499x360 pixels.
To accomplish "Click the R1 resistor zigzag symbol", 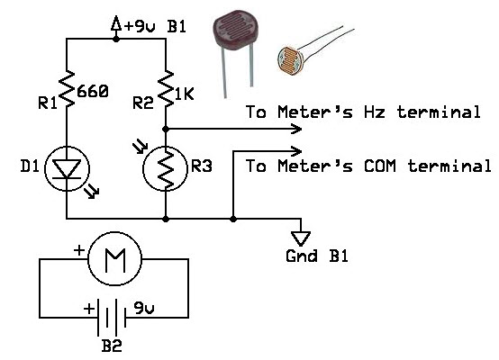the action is point(67,89).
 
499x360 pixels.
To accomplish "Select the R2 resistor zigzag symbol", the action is point(166,89).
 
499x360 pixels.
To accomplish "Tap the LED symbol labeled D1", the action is point(68,168).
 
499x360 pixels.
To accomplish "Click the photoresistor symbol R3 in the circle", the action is point(166,168).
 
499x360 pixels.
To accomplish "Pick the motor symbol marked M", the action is point(114,258).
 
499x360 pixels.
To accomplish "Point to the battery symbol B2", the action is point(112,317).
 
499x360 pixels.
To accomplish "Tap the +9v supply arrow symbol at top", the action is point(116,24).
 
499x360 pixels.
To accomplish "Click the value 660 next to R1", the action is point(93,92).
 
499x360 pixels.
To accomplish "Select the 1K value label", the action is point(185,94).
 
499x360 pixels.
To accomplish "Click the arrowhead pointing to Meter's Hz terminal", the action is point(296,129).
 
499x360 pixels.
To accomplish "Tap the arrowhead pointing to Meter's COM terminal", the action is point(296,151).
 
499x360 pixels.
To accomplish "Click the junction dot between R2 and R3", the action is point(166,129).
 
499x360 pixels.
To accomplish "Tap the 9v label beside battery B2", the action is point(144,308).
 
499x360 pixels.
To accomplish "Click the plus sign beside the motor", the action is point(79,250).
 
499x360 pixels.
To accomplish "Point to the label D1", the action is point(30,166).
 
